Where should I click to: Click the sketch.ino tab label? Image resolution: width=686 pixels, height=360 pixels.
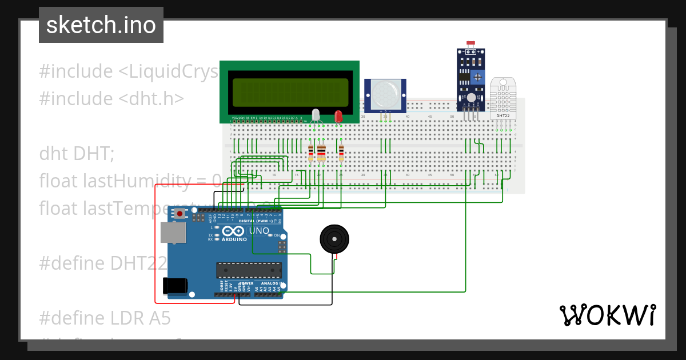coord(101,25)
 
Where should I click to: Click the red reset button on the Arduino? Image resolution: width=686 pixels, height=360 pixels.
coord(181,214)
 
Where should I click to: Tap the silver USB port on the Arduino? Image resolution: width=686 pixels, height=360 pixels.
coord(173,233)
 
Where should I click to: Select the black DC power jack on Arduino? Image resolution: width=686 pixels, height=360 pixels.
coord(175,285)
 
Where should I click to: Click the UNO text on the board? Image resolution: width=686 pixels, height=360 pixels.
coord(259,231)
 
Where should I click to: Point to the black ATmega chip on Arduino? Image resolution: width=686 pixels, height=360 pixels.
coord(249,270)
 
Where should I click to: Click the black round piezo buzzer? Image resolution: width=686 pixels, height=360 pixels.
coord(333,238)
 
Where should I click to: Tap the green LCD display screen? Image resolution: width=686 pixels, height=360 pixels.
coord(290,91)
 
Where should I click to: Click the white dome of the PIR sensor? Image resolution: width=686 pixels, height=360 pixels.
coord(385,91)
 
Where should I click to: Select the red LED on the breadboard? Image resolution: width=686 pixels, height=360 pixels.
coord(338,117)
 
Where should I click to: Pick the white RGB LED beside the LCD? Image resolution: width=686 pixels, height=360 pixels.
coord(316,114)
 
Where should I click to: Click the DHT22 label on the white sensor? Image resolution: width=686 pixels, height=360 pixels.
coord(503,116)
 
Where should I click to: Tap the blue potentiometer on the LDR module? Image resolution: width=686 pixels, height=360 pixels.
coord(479,76)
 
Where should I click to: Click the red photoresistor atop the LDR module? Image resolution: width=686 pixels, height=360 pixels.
coord(471,43)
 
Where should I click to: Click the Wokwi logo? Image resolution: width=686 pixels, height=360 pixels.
coord(607,315)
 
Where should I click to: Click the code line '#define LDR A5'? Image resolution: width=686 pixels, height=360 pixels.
coord(105,318)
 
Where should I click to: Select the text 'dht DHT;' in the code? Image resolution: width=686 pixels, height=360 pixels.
coord(77,154)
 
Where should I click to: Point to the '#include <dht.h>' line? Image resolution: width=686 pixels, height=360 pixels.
coord(111,98)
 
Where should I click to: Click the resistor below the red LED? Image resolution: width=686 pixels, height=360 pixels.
coord(341,153)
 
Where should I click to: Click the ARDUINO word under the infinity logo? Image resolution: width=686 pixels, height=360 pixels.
coord(234,239)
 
